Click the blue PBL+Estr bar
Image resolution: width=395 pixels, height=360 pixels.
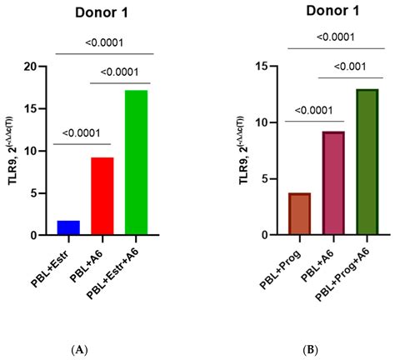(68, 227)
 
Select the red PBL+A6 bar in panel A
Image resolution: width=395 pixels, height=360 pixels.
(102, 197)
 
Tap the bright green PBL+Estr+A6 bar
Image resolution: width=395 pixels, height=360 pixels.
(136, 162)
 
